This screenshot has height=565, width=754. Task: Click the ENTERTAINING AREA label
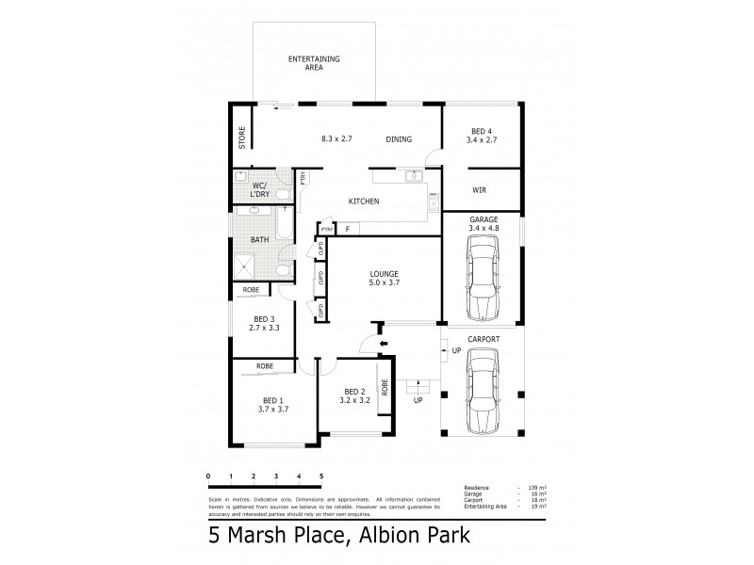click(314, 63)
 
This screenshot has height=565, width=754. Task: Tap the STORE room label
click(242, 139)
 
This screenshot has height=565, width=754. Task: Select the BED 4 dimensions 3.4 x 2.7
click(481, 139)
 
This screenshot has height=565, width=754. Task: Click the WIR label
click(479, 189)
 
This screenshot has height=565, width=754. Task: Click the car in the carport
click(482, 387)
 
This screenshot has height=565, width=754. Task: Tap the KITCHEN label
click(364, 202)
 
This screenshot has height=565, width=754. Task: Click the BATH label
click(259, 239)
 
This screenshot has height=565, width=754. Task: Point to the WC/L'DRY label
click(260, 188)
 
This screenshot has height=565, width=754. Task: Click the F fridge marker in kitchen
click(348, 229)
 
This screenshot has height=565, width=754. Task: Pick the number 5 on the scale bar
click(322, 476)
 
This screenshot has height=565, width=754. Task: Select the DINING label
click(399, 139)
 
